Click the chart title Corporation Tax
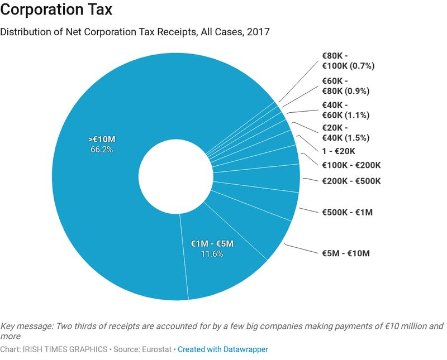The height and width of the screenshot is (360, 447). point(64,12)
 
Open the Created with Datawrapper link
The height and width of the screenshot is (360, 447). point(223,349)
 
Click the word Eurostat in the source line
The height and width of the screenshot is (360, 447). point(157,349)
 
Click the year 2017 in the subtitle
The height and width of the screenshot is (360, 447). point(258,32)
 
